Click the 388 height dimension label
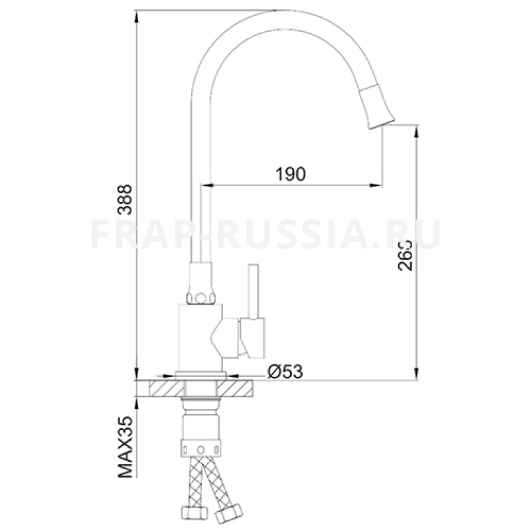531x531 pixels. pos(126,198)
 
